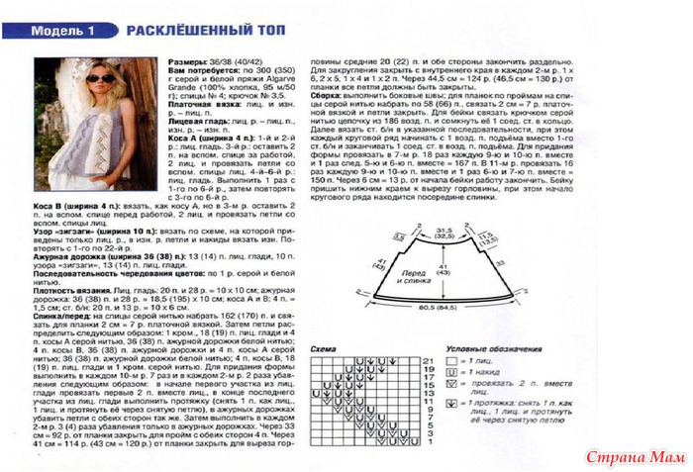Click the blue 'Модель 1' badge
pyautogui.click(x=62, y=31)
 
